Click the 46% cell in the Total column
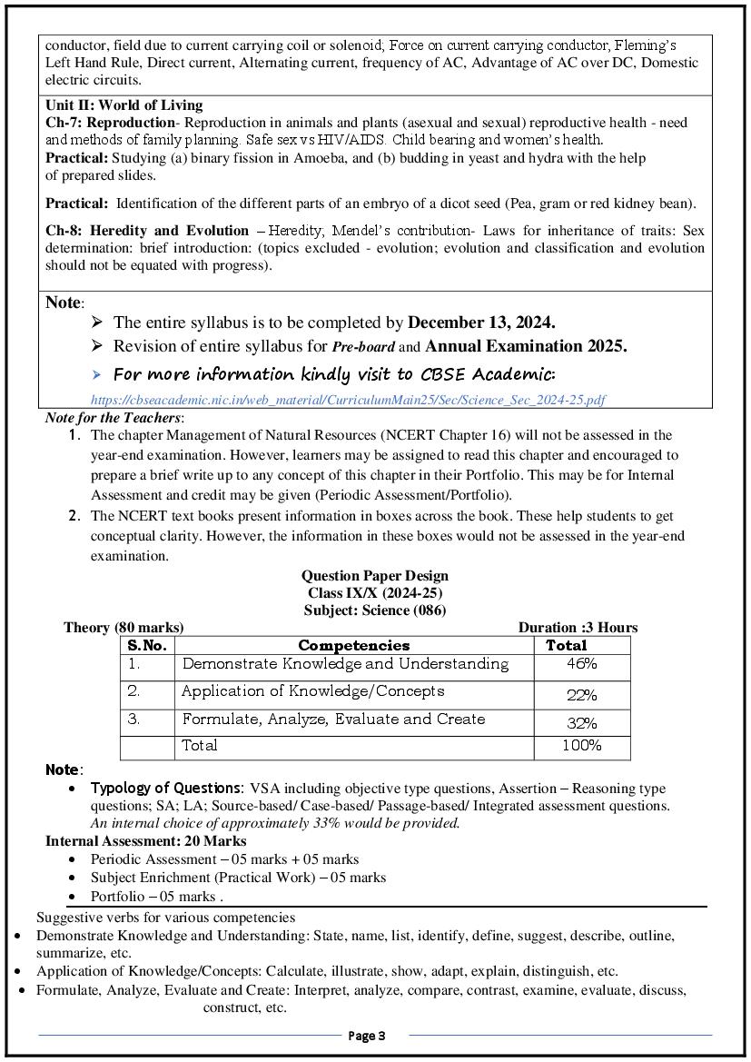pyautogui.click(x=581, y=664)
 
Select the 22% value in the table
pyautogui.click(x=581, y=696)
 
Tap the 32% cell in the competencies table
pyautogui.click(x=581, y=724)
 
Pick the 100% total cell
pyautogui.click(x=581, y=746)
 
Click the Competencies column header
pyautogui.click(x=353, y=646)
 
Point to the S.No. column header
pyautogui.click(x=147, y=646)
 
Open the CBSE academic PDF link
pyautogui.click(x=348, y=400)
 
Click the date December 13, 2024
pyautogui.click(x=481, y=323)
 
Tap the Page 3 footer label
pyautogui.click(x=368, y=1036)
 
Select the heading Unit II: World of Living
pyautogui.click(x=124, y=105)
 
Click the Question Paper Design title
pyautogui.click(x=374, y=576)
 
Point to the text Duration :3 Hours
pyautogui.click(x=578, y=628)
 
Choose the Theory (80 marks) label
pyautogui.click(x=124, y=628)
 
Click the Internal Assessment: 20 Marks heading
pyautogui.click(x=145, y=841)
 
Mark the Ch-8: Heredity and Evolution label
pyautogui.click(x=147, y=231)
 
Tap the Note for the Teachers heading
pyautogui.click(x=114, y=419)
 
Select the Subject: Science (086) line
pyautogui.click(x=374, y=610)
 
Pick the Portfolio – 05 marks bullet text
pyautogui.click(x=156, y=896)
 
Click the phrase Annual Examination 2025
pyautogui.click(x=526, y=346)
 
